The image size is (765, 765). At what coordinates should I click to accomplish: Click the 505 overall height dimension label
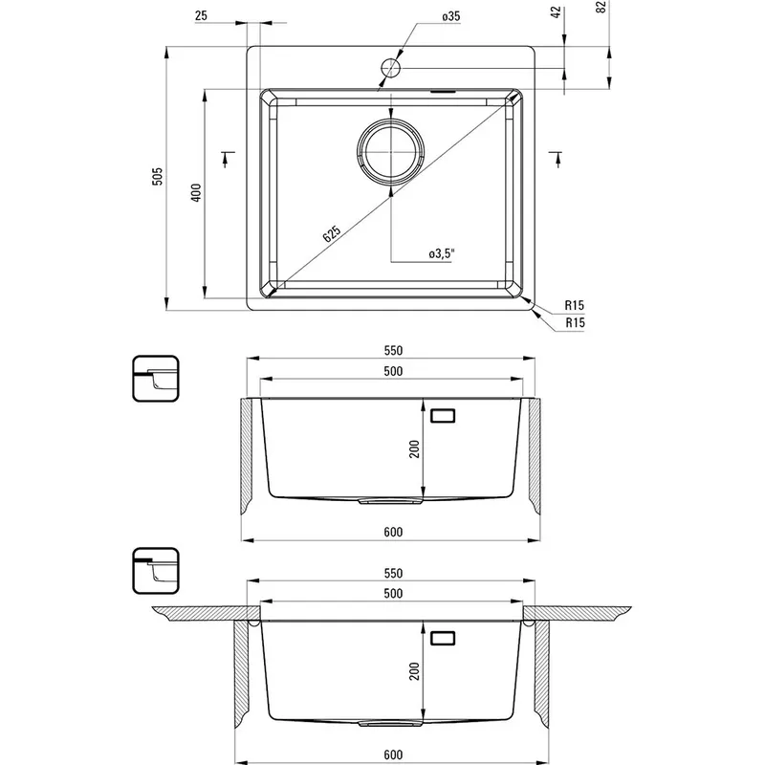157,176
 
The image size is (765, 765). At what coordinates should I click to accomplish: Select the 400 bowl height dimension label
196,193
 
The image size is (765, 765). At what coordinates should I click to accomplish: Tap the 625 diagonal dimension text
332,234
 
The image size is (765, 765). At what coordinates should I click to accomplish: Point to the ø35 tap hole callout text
451,16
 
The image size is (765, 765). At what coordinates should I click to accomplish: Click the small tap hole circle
391,68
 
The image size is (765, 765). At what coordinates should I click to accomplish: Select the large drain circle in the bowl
391,152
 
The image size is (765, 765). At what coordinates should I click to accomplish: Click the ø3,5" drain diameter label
442,253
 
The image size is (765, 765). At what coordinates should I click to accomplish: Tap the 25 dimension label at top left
201,15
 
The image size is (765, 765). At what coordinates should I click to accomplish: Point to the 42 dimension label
556,12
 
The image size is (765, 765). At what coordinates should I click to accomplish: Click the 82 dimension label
601,7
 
